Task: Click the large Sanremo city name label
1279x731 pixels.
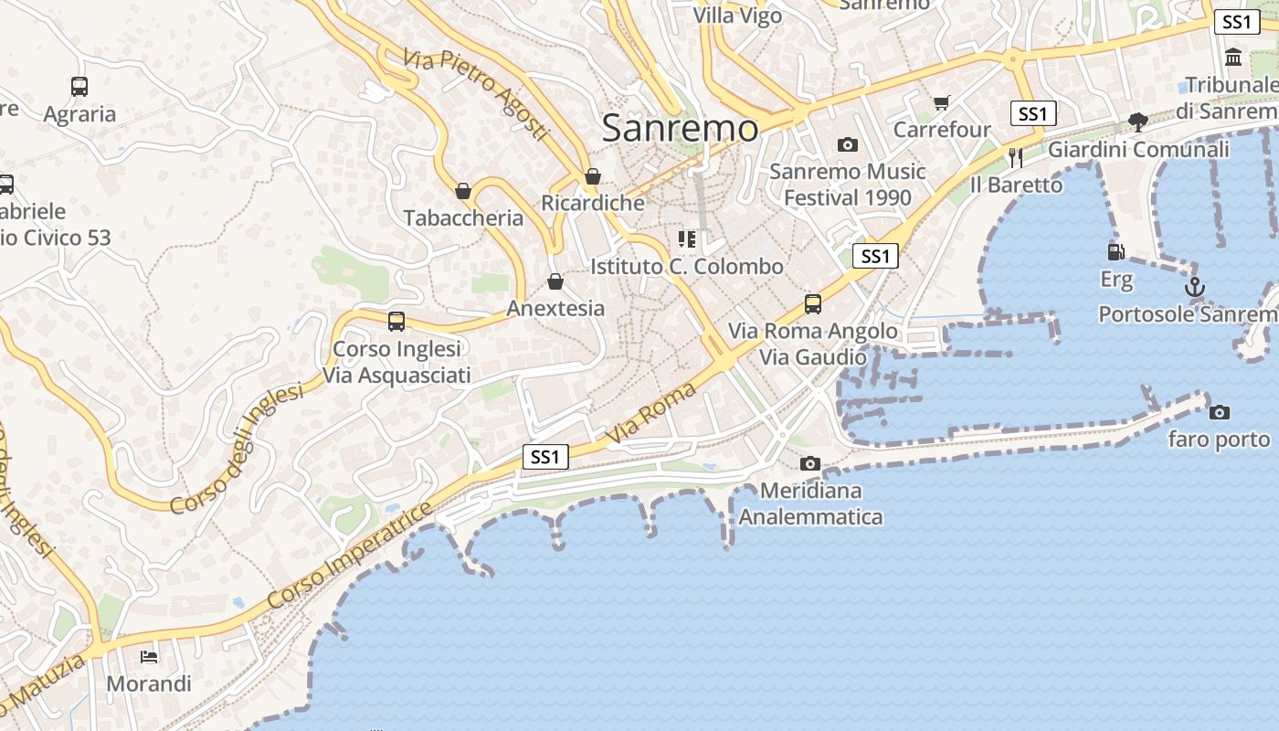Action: [680, 129]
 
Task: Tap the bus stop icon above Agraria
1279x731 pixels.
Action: [79, 87]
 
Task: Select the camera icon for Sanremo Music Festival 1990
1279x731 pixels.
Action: [848, 144]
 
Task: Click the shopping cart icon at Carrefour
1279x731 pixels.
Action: [942, 102]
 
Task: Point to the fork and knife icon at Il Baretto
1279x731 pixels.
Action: [1016, 157]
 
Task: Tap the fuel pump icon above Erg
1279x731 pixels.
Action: [1115, 252]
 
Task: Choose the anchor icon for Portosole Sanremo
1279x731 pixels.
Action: [1195, 288]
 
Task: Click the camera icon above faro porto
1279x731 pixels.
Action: [1219, 412]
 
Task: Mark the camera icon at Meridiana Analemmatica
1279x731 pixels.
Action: [810, 463]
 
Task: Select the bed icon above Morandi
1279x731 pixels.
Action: [149, 656]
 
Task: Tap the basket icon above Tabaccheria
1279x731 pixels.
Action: [463, 191]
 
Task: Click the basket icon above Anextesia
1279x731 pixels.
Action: [555, 281]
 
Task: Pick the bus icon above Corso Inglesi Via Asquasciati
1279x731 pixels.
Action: [396, 322]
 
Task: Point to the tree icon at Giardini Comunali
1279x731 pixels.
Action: [1138, 122]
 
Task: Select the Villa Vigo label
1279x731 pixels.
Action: [737, 16]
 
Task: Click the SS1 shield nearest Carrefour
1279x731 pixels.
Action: [1033, 113]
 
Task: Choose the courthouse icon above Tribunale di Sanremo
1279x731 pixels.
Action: [1233, 57]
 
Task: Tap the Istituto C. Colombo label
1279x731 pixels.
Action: [687, 267]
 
